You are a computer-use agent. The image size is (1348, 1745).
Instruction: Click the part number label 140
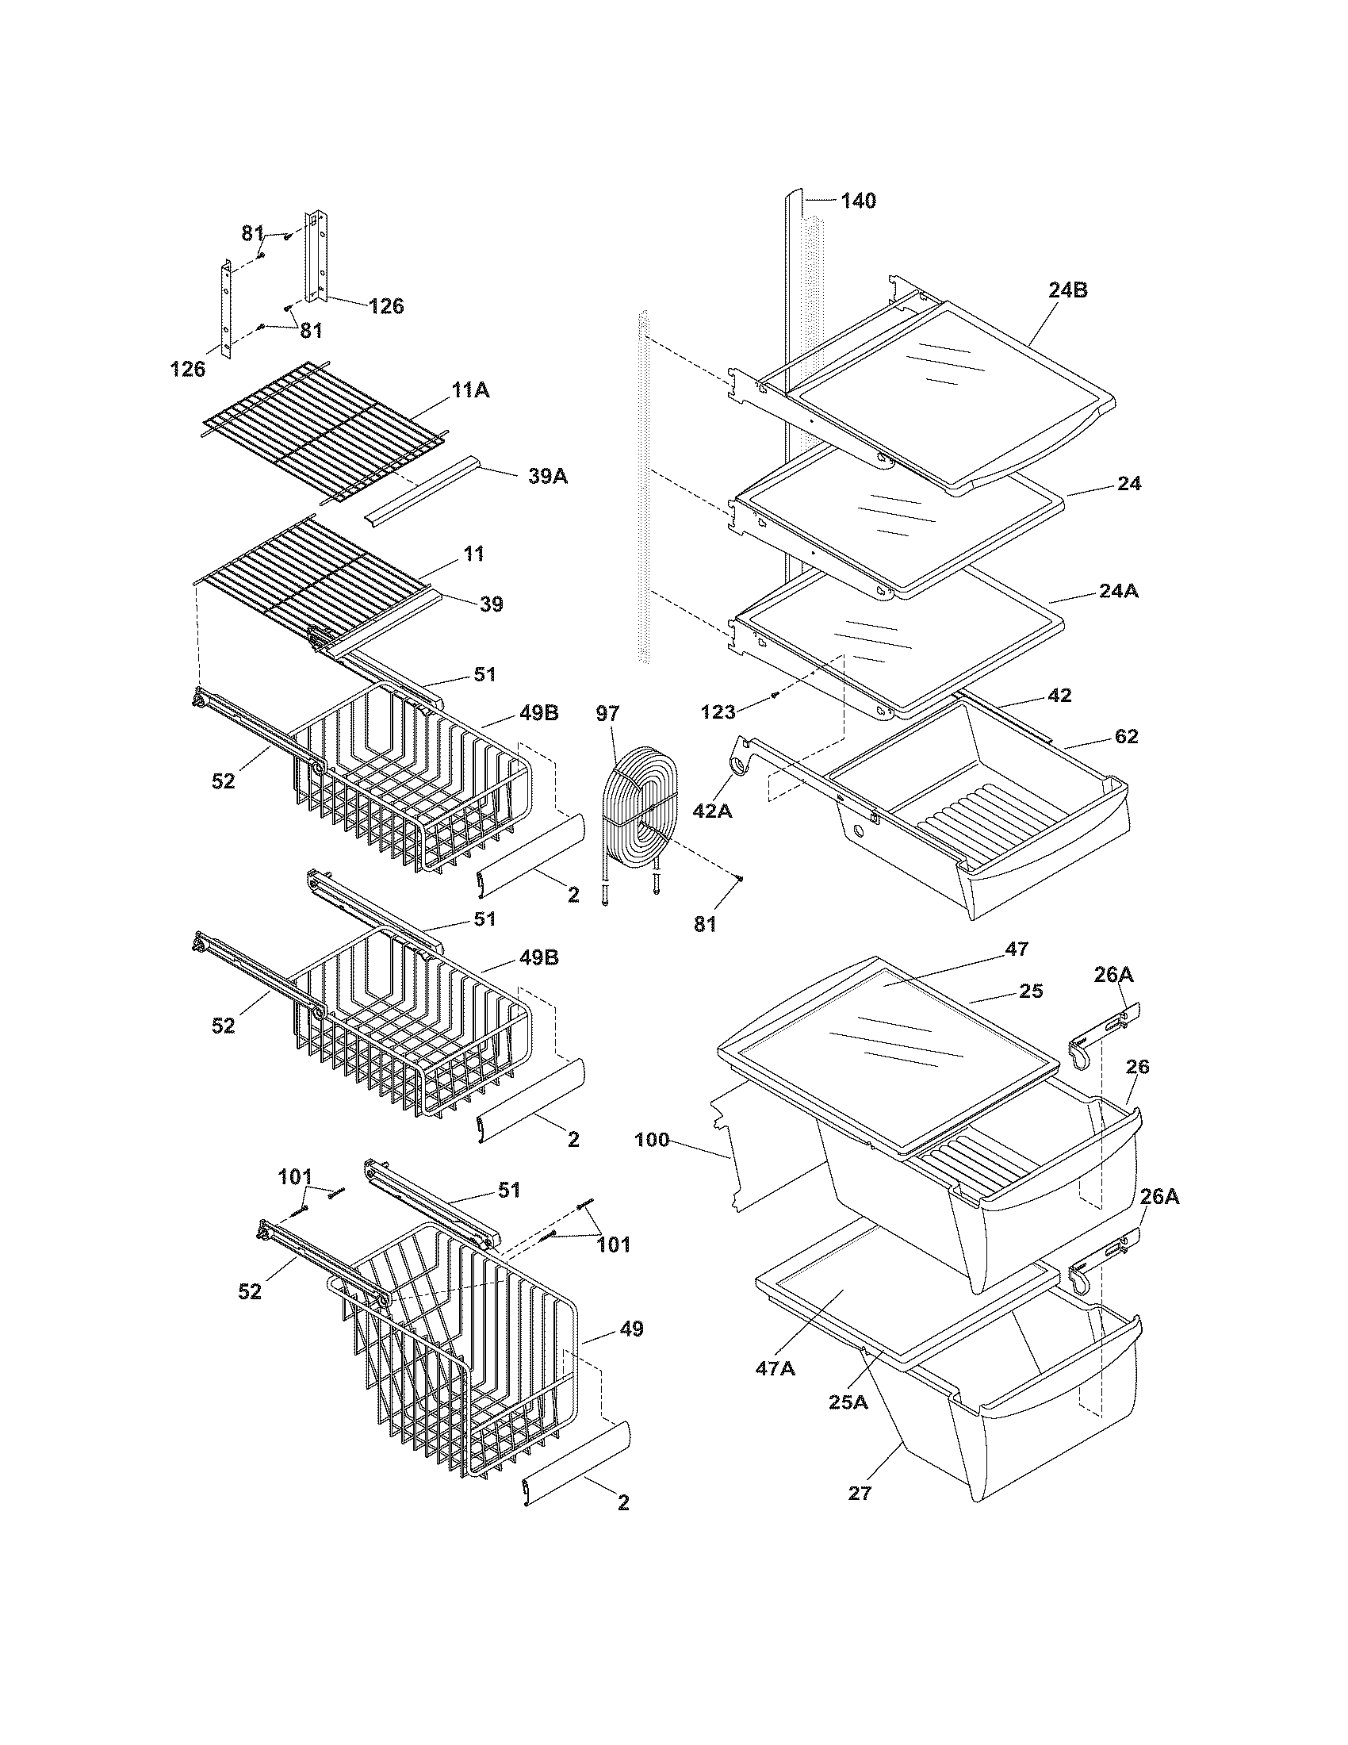[858, 201]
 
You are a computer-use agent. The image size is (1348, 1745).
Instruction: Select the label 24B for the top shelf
[1068, 291]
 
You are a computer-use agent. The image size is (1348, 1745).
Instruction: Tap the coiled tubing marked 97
[639, 807]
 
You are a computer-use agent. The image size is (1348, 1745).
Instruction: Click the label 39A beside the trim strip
[548, 477]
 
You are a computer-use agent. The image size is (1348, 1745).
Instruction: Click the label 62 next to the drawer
[1126, 736]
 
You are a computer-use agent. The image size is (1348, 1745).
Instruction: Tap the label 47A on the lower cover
[775, 1369]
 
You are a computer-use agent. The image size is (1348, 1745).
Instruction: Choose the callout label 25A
[848, 1402]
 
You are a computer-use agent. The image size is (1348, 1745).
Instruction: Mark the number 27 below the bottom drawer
[860, 1493]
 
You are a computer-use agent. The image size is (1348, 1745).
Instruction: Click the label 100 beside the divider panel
[652, 1140]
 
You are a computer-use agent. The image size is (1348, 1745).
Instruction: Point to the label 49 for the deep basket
[631, 1329]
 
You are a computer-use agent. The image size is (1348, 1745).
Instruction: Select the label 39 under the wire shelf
[491, 604]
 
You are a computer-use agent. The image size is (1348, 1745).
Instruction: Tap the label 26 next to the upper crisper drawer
[1137, 1067]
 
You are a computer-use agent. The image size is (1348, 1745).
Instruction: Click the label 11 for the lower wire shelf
[474, 554]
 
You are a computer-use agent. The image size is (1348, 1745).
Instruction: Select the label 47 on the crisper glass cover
[1017, 949]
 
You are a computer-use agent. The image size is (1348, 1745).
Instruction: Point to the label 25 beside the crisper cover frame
[1031, 991]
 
